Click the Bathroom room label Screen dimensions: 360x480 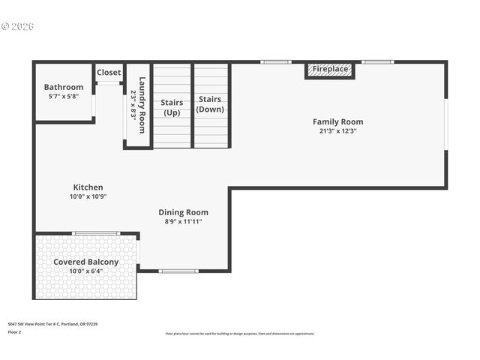(x=64, y=87)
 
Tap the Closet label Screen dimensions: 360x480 (x=109, y=73)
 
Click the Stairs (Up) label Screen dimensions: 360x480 (x=172, y=107)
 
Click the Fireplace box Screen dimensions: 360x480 (x=330, y=70)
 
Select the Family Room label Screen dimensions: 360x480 (x=337, y=121)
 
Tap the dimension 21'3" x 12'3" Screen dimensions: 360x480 (x=337, y=131)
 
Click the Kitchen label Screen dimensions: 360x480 (x=88, y=187)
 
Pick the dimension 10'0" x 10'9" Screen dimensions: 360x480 (x=88, y=197)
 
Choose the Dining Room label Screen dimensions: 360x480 (x=183, y=212)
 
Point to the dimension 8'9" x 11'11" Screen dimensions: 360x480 (x=183, y=222)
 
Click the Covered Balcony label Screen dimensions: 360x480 (x=85, y=262)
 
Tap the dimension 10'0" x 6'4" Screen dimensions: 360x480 (x=85, y=271)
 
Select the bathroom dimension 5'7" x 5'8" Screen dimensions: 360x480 (x=64, y=97)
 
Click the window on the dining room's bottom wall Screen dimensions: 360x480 (x=178, y=271)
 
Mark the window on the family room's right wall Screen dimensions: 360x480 (x=445, y=124)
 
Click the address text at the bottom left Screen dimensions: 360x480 (x=52, y=324)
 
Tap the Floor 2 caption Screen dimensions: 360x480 (x=15, y=331)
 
